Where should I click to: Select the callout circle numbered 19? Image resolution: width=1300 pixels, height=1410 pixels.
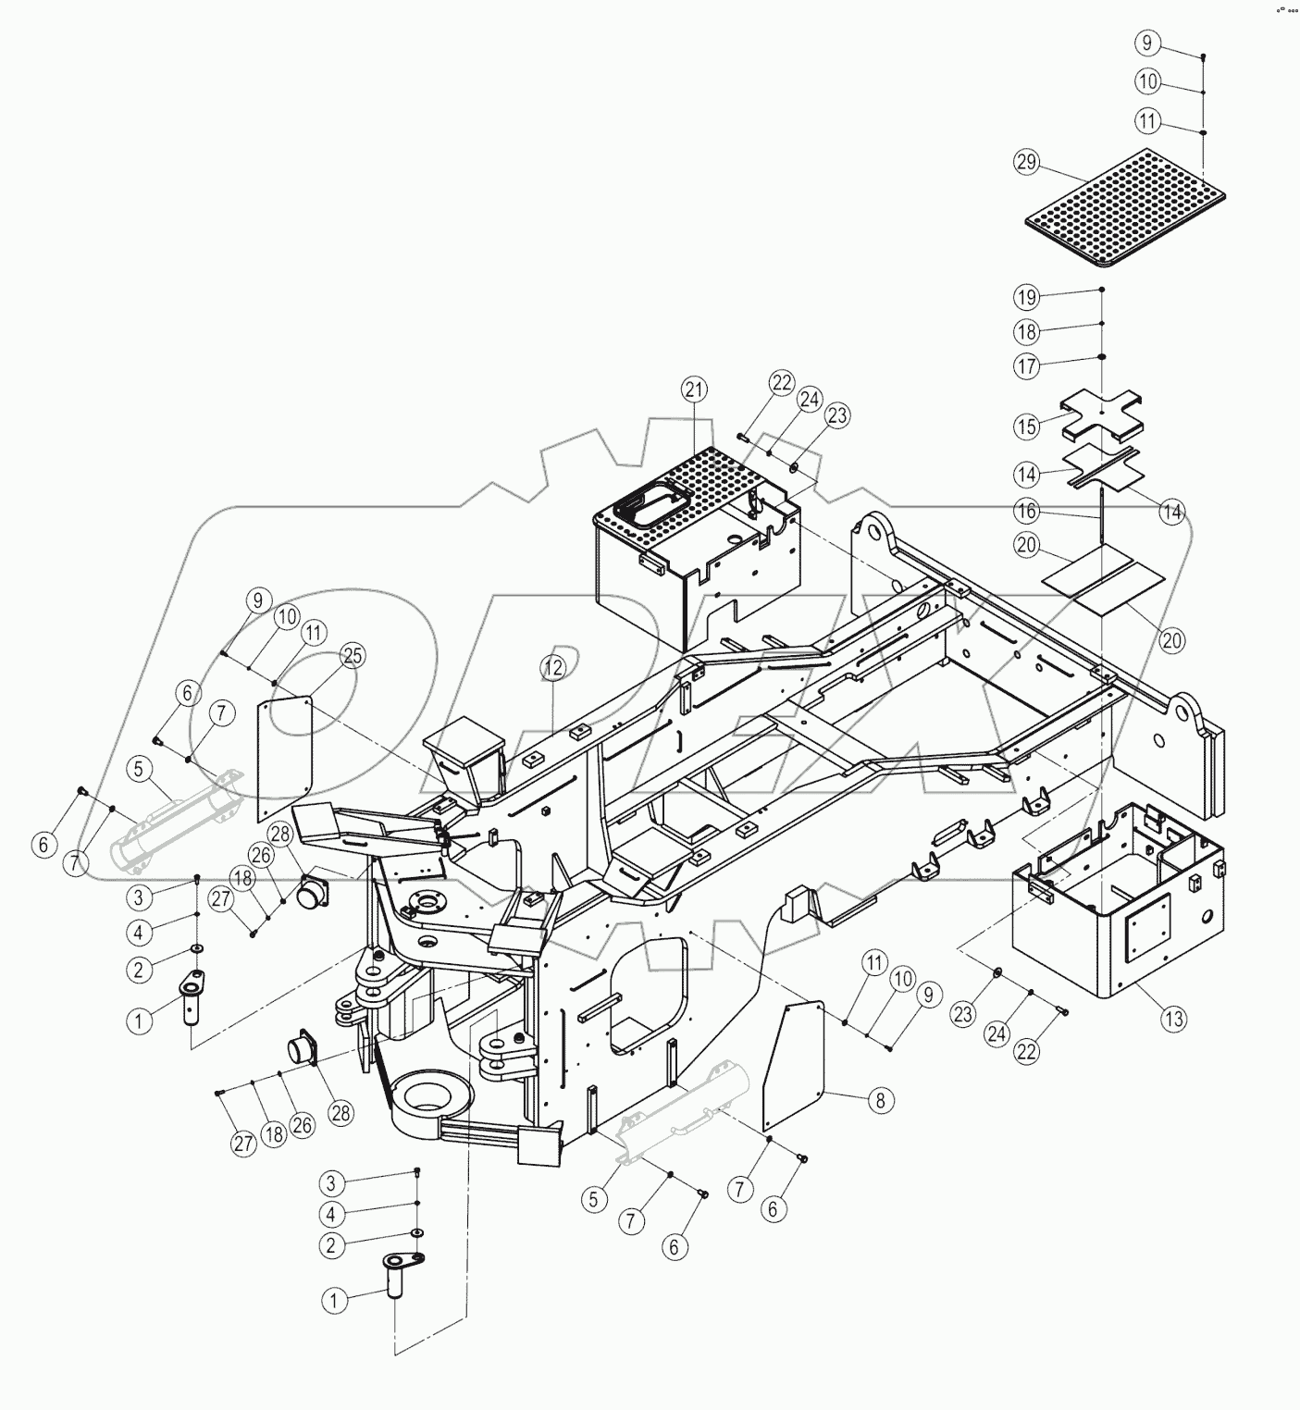(x=1028, y=298)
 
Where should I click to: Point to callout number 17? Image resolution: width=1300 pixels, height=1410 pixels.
(x=1028, y=366)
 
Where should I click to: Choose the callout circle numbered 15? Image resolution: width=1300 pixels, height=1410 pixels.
(x=1028, y=427)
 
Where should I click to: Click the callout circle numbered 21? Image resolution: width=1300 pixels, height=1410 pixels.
(x=695, y=390)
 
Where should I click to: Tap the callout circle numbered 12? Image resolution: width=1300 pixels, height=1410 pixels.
(x=552, y=666)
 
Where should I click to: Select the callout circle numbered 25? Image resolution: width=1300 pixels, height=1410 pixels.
(x=353, y=655)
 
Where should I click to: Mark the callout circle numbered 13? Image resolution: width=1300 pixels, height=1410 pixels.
(x=1173, y=1020)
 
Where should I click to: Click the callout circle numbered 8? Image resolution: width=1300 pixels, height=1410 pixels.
(x=880, y=1100)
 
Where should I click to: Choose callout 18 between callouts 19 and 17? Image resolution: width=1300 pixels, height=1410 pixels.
(x=1028, y=331)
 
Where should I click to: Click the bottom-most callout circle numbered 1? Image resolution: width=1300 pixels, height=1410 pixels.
(x=336, y=1301)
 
